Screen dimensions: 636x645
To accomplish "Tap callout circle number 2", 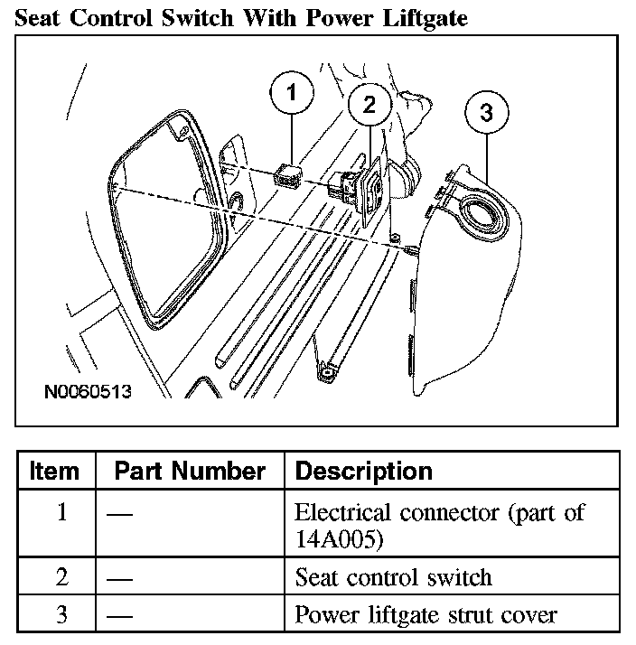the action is coord(369,104).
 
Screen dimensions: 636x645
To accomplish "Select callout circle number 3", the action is coord(486,113).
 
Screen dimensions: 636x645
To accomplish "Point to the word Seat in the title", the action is coord(42,18).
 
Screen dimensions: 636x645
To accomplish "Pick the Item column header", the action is coord(54,471).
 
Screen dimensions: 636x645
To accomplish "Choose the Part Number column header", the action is coord(190,471).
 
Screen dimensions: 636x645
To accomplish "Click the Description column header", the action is coord(364,471).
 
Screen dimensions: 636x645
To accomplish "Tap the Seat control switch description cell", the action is coord(393,576).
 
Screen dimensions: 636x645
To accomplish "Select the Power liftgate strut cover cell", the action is coord(426,615).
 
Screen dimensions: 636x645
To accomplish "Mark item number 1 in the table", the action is coord(61,512).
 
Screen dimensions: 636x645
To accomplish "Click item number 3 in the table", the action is coord(61,615).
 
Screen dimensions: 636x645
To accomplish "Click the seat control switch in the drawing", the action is coord(352,187).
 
